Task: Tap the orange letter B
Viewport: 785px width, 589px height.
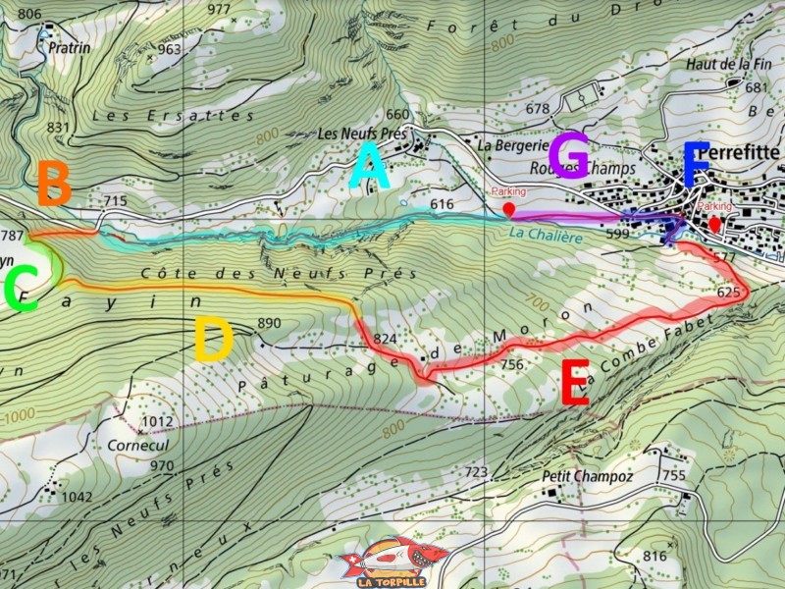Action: [54, 184]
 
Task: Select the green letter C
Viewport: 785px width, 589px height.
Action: [21, 289]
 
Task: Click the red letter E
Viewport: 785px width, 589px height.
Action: [574, 383]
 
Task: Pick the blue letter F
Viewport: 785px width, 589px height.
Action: [696, 165]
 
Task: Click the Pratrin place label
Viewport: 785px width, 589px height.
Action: [70, 47]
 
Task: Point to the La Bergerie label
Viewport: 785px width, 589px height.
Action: [510, 144]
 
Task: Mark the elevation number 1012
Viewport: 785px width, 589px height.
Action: [157, 422]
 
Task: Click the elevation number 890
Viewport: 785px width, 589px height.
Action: [269, 323]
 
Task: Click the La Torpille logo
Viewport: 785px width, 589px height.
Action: [392, 562]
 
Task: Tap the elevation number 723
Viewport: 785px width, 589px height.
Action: [476, 473]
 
